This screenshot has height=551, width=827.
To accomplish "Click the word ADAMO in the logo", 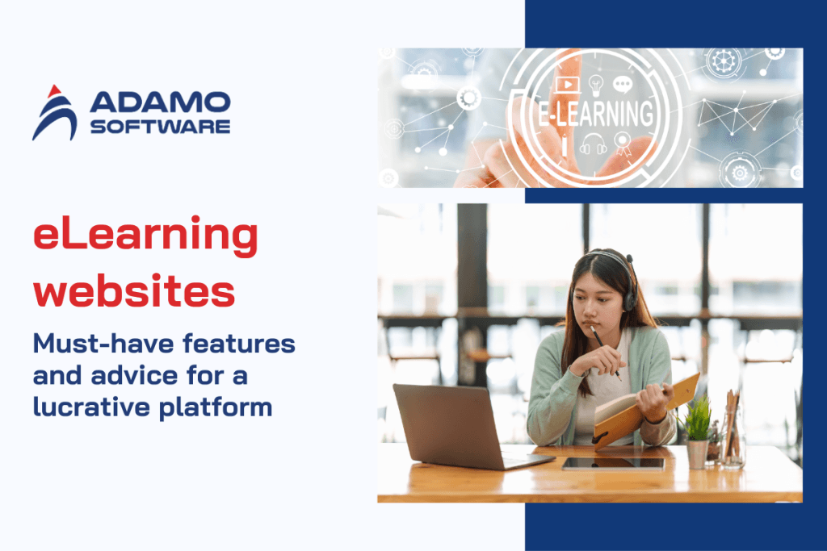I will pyautogui.click(x=160, y=102).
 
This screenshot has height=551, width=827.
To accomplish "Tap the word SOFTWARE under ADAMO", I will pyautogui.click(x=160, y=127).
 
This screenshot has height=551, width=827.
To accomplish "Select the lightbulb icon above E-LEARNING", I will pyautogui.click(x=596, y=84).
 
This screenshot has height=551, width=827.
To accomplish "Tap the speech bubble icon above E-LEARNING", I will pyautogui.click(x=622, y=84).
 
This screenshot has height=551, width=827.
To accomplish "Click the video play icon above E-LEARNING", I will pyautogui.click(x=569, y=85).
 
